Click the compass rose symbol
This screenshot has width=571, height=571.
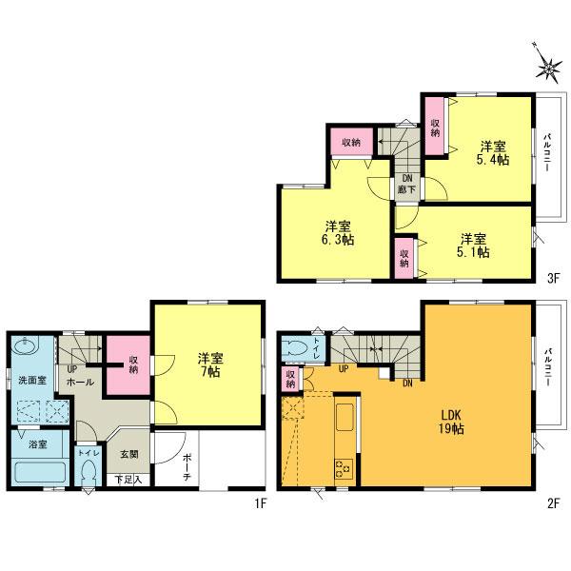[548, 66]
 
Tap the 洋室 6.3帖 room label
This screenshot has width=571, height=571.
[338, 233]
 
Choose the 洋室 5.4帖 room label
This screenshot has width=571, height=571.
[492, 153]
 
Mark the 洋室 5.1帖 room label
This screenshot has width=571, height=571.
[474, 245]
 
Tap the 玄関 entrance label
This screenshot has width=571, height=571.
[128, 454]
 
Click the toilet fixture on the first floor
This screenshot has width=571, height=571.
[91, 469]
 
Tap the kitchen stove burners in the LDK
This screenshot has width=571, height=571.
[342, 466]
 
